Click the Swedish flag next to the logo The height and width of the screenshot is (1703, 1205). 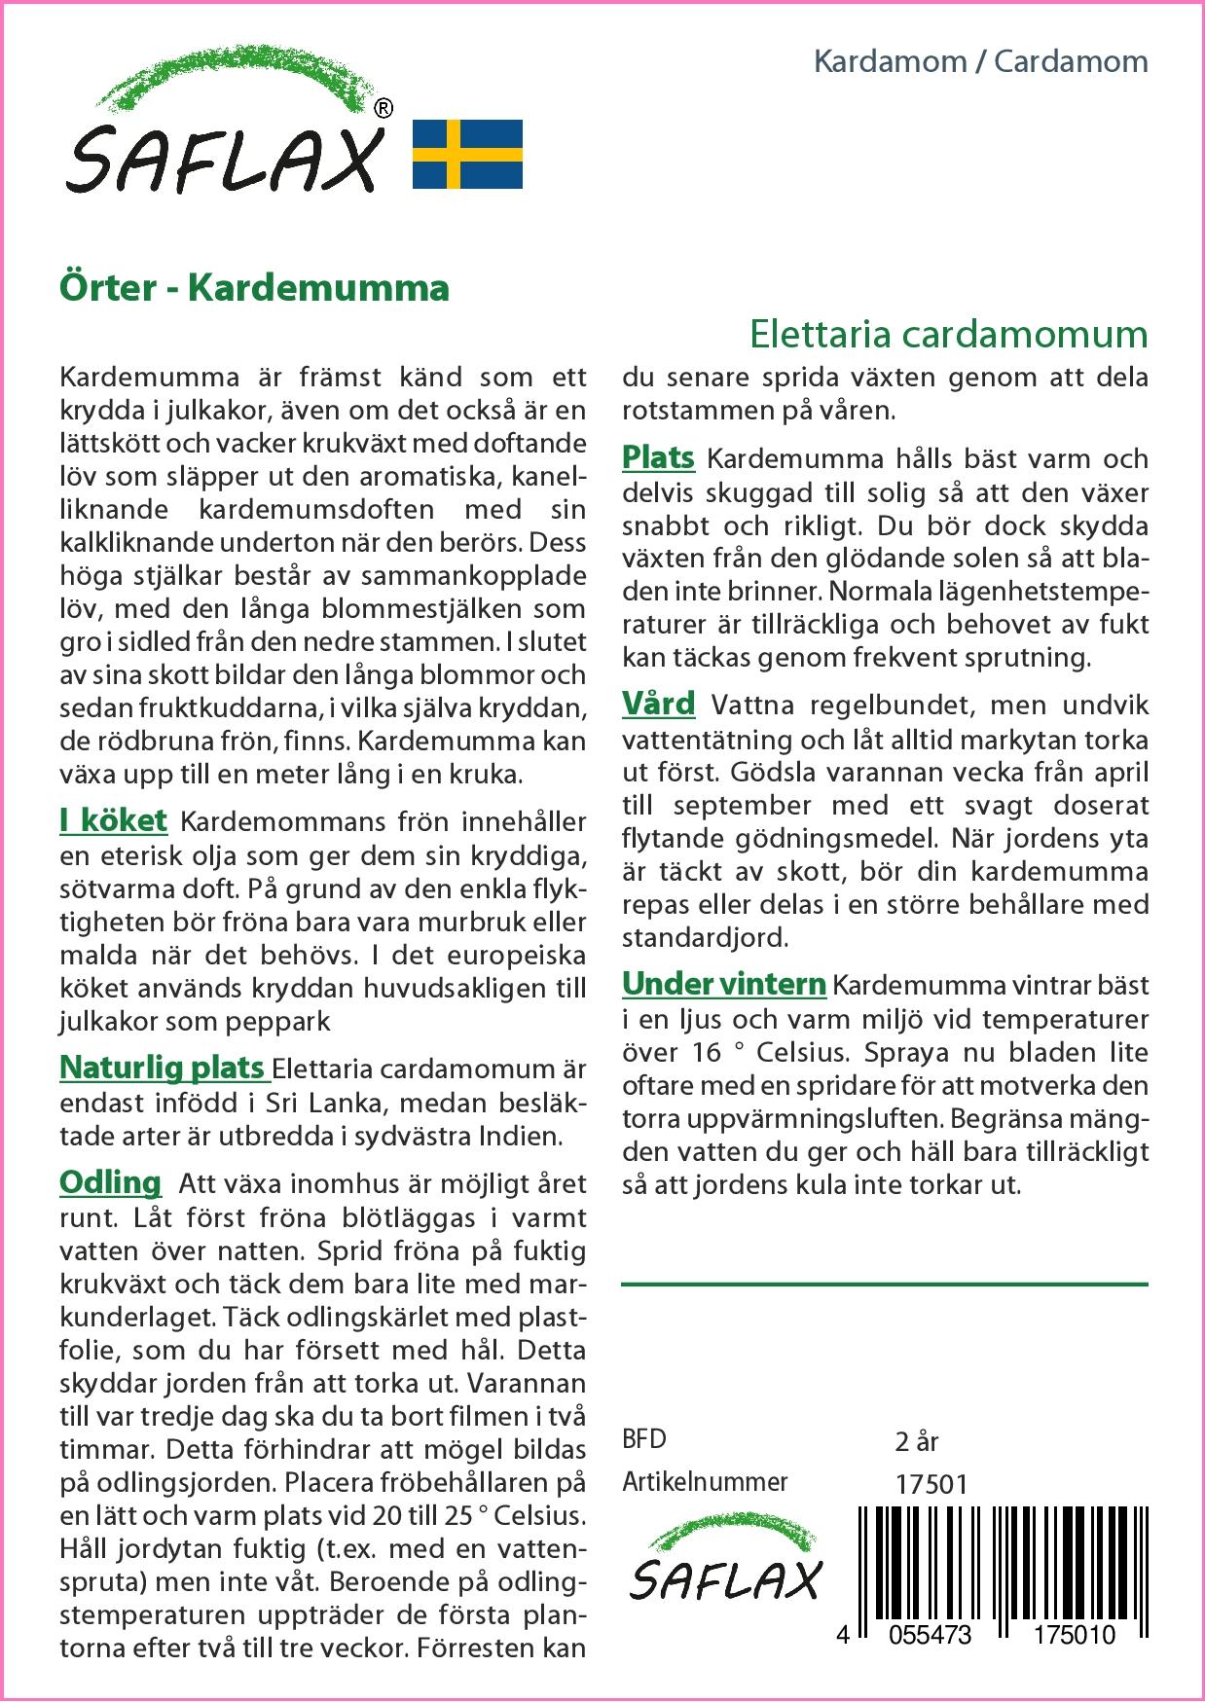coord(468,154)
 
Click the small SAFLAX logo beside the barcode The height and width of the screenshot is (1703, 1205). coord(726,1570)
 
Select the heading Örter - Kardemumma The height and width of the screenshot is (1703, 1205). coord(254,288)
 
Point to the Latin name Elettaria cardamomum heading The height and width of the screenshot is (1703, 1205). coord(949,334)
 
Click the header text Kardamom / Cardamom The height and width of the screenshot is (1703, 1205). coord(980,61)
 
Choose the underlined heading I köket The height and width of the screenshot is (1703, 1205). coord(114,820)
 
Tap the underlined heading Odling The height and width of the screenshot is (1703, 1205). coord(110,1182)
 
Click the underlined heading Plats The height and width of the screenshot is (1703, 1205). coord(658,457)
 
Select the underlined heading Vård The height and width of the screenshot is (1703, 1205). coord(659,704)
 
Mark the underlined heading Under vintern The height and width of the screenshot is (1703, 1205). coord(724,984)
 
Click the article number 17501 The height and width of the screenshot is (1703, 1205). coord(931,1484)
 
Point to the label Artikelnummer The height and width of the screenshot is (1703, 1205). coord(705,1482)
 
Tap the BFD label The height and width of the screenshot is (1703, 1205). coord(644,1439)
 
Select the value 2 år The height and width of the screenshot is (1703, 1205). coord(916,1440)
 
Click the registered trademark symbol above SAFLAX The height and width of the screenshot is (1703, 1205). coord(383,109)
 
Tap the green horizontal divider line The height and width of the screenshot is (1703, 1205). coord(884,1285)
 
